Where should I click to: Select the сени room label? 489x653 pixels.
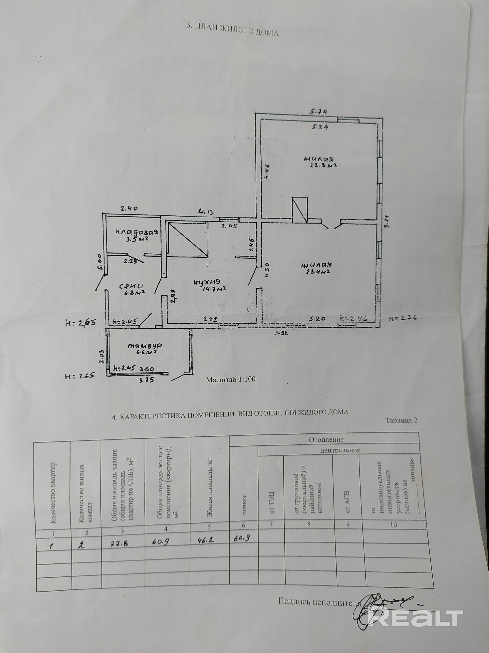click(132, 286)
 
